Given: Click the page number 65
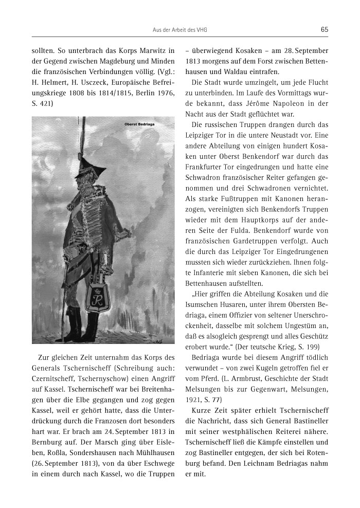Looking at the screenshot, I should pos(324,29).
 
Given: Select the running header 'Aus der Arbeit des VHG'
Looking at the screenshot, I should pos(179,30).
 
